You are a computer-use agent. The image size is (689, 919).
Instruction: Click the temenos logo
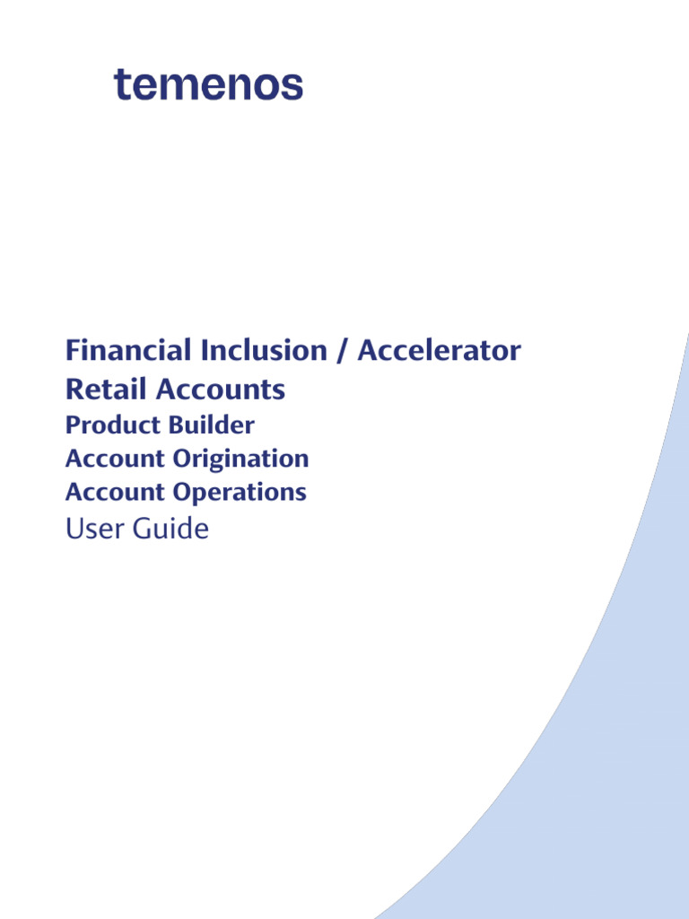[x=208, y=85]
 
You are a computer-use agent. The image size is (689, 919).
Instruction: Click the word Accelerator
[x=439, y=350]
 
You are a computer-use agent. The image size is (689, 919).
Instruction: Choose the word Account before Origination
[x=116, y=459]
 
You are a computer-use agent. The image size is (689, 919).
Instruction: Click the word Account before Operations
[x=116, y=492]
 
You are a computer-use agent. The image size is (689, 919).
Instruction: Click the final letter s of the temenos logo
[x=293, y=87]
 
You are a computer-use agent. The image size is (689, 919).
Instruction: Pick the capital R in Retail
[x=74, y=389]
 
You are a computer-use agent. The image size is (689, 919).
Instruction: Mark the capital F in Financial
[x=73, y=350]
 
